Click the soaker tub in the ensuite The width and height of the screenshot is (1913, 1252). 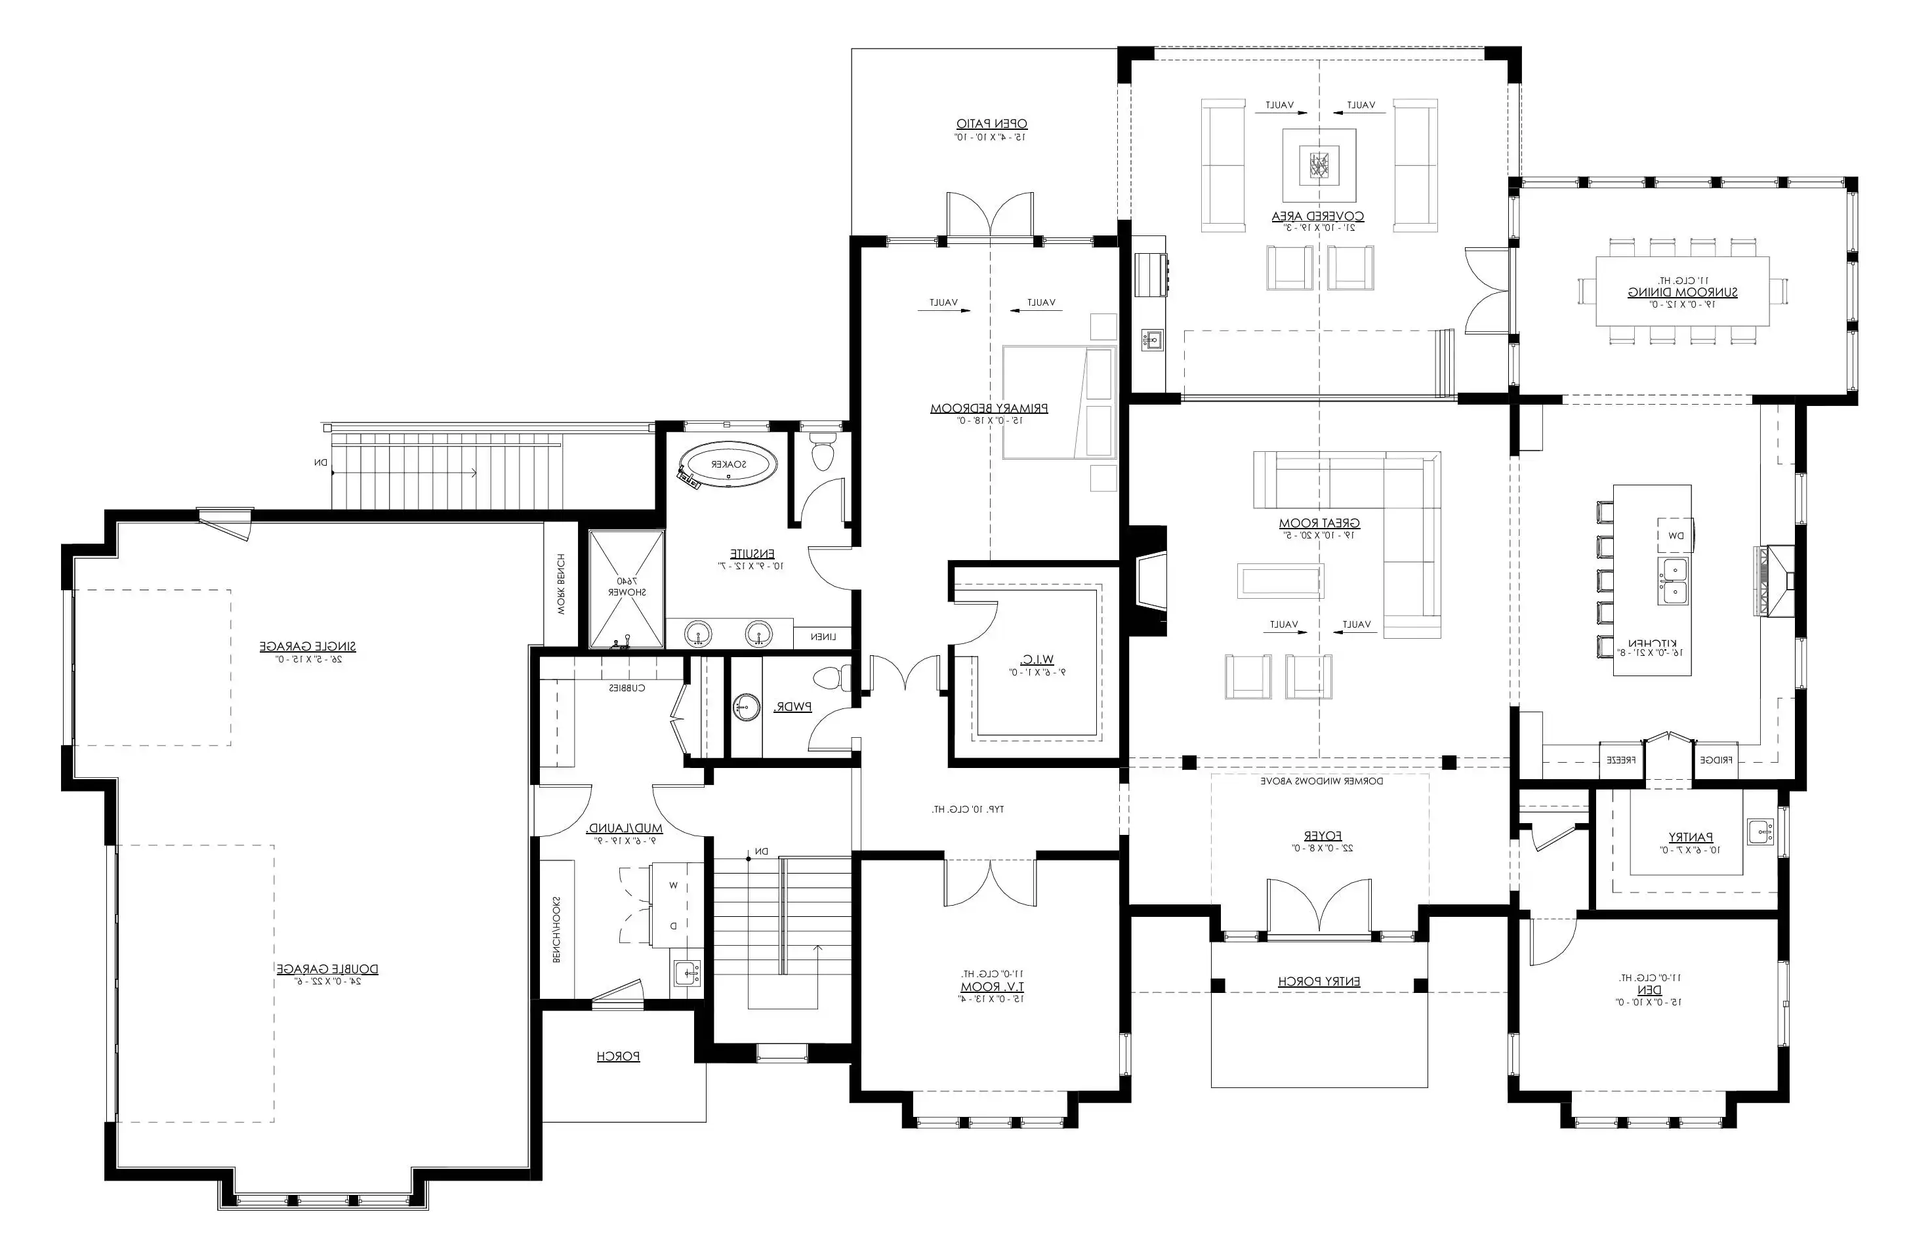728,464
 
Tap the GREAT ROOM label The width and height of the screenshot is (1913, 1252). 1319,523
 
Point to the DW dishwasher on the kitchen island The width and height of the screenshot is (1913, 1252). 1675,535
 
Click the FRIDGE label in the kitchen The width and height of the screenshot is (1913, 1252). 1716,759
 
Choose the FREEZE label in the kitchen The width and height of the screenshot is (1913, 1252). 1622,759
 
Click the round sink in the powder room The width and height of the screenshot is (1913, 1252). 746,708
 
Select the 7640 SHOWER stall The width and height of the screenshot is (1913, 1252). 627,588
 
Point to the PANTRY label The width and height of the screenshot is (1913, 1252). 1685,838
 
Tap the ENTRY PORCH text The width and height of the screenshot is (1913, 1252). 1319,981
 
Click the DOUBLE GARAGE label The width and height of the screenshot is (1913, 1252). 327,969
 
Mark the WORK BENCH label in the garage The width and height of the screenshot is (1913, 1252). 561,584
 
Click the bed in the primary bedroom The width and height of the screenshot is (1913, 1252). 1059,403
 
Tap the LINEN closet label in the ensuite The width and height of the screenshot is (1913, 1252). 823,637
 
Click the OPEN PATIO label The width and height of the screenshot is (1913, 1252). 991,124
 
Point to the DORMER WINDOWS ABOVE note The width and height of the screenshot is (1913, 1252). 1321,780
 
